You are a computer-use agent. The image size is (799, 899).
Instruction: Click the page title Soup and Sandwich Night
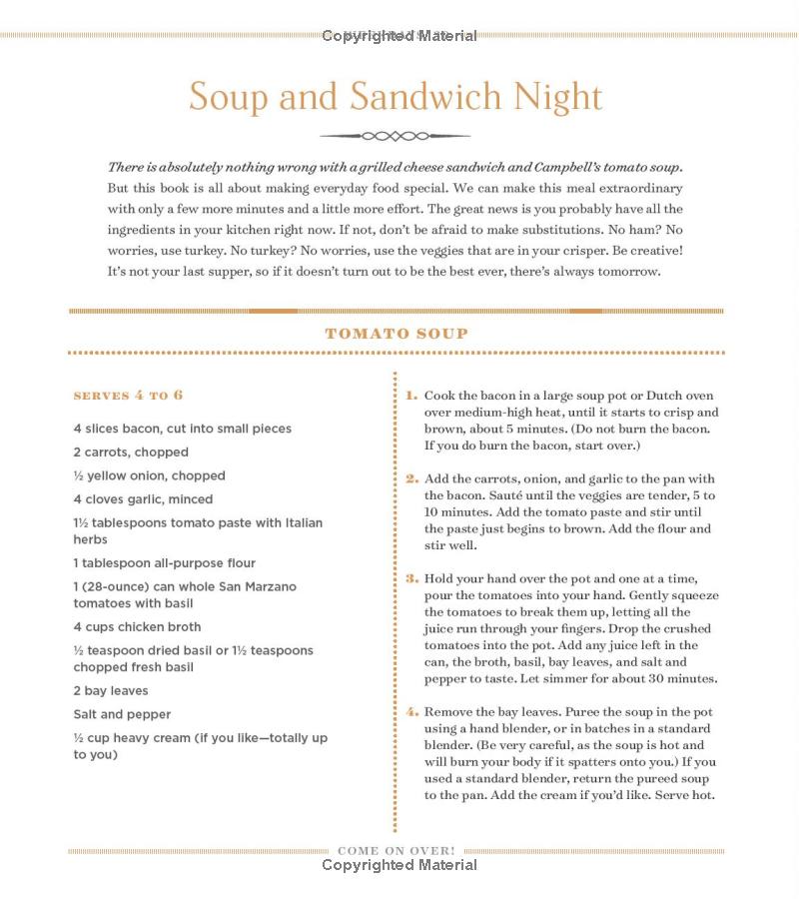point(396,97)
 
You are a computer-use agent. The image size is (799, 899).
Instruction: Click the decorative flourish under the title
point(396,136)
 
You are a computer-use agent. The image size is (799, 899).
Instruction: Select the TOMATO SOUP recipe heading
point(397,334)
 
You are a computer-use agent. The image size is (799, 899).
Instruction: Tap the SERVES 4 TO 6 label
point(128,396)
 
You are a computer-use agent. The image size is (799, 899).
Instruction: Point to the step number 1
point(411,396)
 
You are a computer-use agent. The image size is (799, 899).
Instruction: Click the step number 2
point(411,479)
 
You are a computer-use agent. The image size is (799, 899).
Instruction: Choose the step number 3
point(411,578)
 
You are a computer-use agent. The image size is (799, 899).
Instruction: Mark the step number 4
point(411,712)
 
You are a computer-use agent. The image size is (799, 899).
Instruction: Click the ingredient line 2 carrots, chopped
point(131,452)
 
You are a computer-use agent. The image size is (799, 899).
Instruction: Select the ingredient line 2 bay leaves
point(110,691)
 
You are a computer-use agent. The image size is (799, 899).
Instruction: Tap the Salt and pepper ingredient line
point(122,715)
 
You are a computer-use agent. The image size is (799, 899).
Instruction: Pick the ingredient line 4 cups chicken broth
point(137,627)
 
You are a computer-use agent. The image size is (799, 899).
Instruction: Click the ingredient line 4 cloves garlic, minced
point(143,499)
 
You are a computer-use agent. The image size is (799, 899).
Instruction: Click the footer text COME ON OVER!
point(397,851)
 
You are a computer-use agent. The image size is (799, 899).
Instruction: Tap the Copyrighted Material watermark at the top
point(399,36)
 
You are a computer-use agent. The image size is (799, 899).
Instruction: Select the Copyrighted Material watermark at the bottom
point(399,865)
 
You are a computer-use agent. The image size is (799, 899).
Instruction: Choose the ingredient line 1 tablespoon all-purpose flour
point(164,563)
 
